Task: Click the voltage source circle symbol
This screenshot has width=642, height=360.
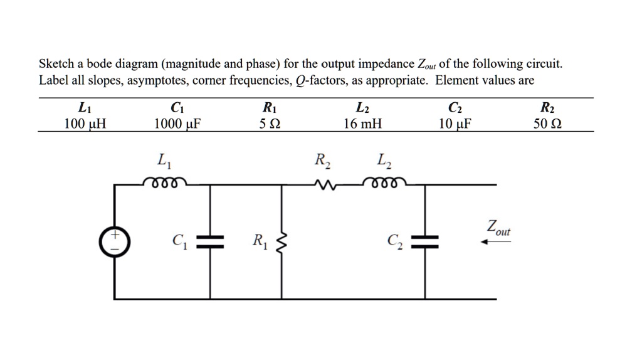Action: point(114,241)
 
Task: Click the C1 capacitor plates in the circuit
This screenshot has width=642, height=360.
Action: point(210,241)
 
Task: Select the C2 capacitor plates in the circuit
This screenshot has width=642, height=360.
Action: point(426,241)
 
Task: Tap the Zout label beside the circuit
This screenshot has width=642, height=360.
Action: point(498,227)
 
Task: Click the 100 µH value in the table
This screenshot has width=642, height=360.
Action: point(85,124)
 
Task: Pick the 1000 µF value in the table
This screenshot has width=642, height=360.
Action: point(177,124)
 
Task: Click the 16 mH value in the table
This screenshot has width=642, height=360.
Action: point(362,124)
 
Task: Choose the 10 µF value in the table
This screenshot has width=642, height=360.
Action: point(455,124)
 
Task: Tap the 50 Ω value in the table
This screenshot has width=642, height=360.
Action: point(547,124)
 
